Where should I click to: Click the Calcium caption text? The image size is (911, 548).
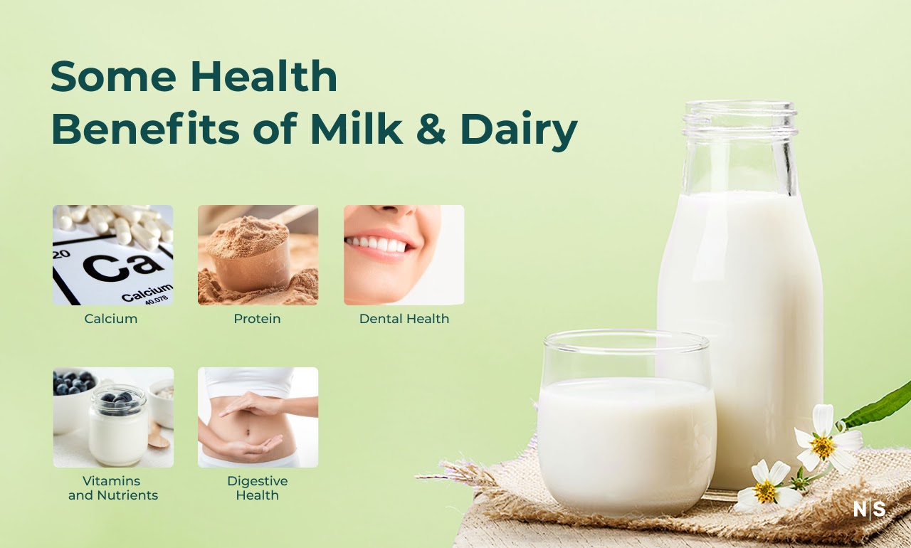click(111, 319)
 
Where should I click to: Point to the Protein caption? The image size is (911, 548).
click(257, 319)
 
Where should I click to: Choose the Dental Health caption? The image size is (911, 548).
click(404, 319)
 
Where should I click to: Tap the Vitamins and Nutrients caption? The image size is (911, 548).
click(113, 488)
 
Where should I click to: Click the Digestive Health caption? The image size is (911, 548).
click(257, 488)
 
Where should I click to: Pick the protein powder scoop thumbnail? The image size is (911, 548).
click(258, 255)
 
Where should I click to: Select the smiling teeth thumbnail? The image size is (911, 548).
click(404, 255)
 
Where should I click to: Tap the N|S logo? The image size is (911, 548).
click(870, 510)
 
